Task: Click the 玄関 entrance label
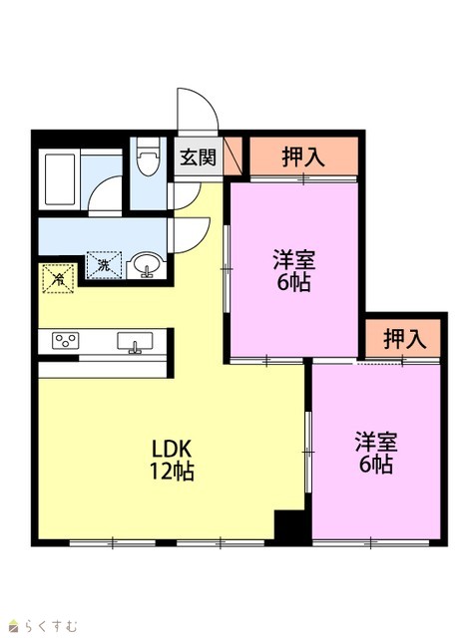[198, 158]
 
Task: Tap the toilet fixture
[148, 157]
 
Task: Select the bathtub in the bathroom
[60, 179]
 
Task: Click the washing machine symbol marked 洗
[104, 265]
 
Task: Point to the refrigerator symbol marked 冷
[59, 279]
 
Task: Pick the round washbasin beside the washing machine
[146, 264]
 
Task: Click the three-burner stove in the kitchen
[65, 340]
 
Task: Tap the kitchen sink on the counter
[135, 342]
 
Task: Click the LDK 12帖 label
[172, 460]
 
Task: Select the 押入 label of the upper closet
[303, 157]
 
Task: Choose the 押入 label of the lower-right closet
[404, 339]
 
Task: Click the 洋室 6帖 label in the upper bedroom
[293, 271]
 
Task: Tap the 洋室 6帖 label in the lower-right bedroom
[376, 453]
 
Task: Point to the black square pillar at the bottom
[289, 527]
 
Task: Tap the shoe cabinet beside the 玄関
[233, 157]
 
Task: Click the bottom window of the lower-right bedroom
[371, 542]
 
